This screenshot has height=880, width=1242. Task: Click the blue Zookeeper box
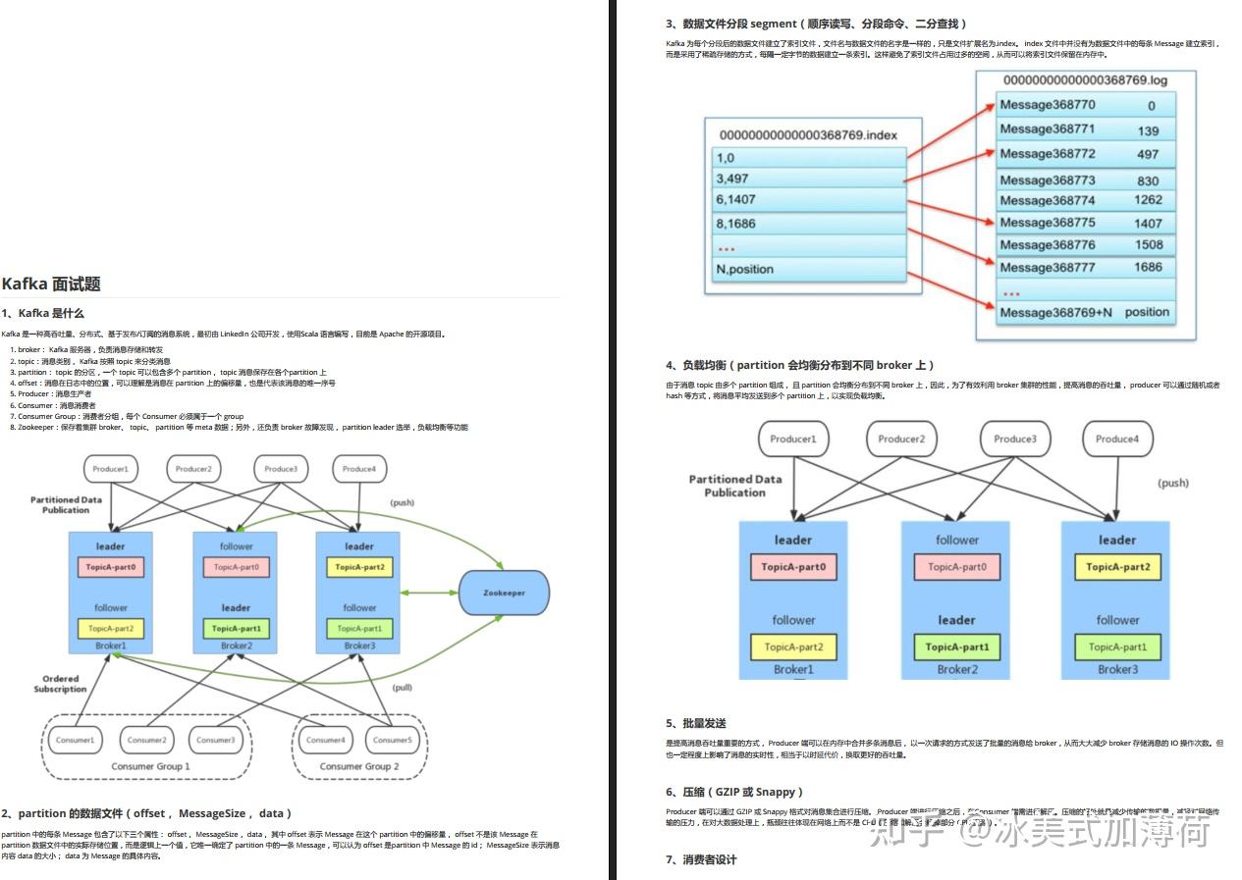point(504,593)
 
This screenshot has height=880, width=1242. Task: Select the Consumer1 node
point(76,740)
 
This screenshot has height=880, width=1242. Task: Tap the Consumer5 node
point(393,740)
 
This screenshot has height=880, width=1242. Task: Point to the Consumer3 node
point(215,740)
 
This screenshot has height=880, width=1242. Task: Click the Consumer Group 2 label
point(359,766)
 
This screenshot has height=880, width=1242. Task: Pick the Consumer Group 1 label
point(150,766)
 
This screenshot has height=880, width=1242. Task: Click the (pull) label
point(403,688)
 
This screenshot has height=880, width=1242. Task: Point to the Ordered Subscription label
point(61,684)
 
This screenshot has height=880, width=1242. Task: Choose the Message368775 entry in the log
point(1047,223)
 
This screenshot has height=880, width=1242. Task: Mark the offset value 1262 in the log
point(1148,200)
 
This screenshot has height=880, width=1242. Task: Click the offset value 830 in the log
point(1148,181)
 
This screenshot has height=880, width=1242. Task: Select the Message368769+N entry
point(1055,313)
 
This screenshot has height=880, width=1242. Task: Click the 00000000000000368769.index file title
point(808,135)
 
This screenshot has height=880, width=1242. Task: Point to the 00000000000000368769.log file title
point(1085,79)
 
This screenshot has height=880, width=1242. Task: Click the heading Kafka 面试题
point(51,285)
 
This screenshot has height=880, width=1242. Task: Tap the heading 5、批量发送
point(696,723)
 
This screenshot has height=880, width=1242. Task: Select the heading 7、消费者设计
point(701,859)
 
